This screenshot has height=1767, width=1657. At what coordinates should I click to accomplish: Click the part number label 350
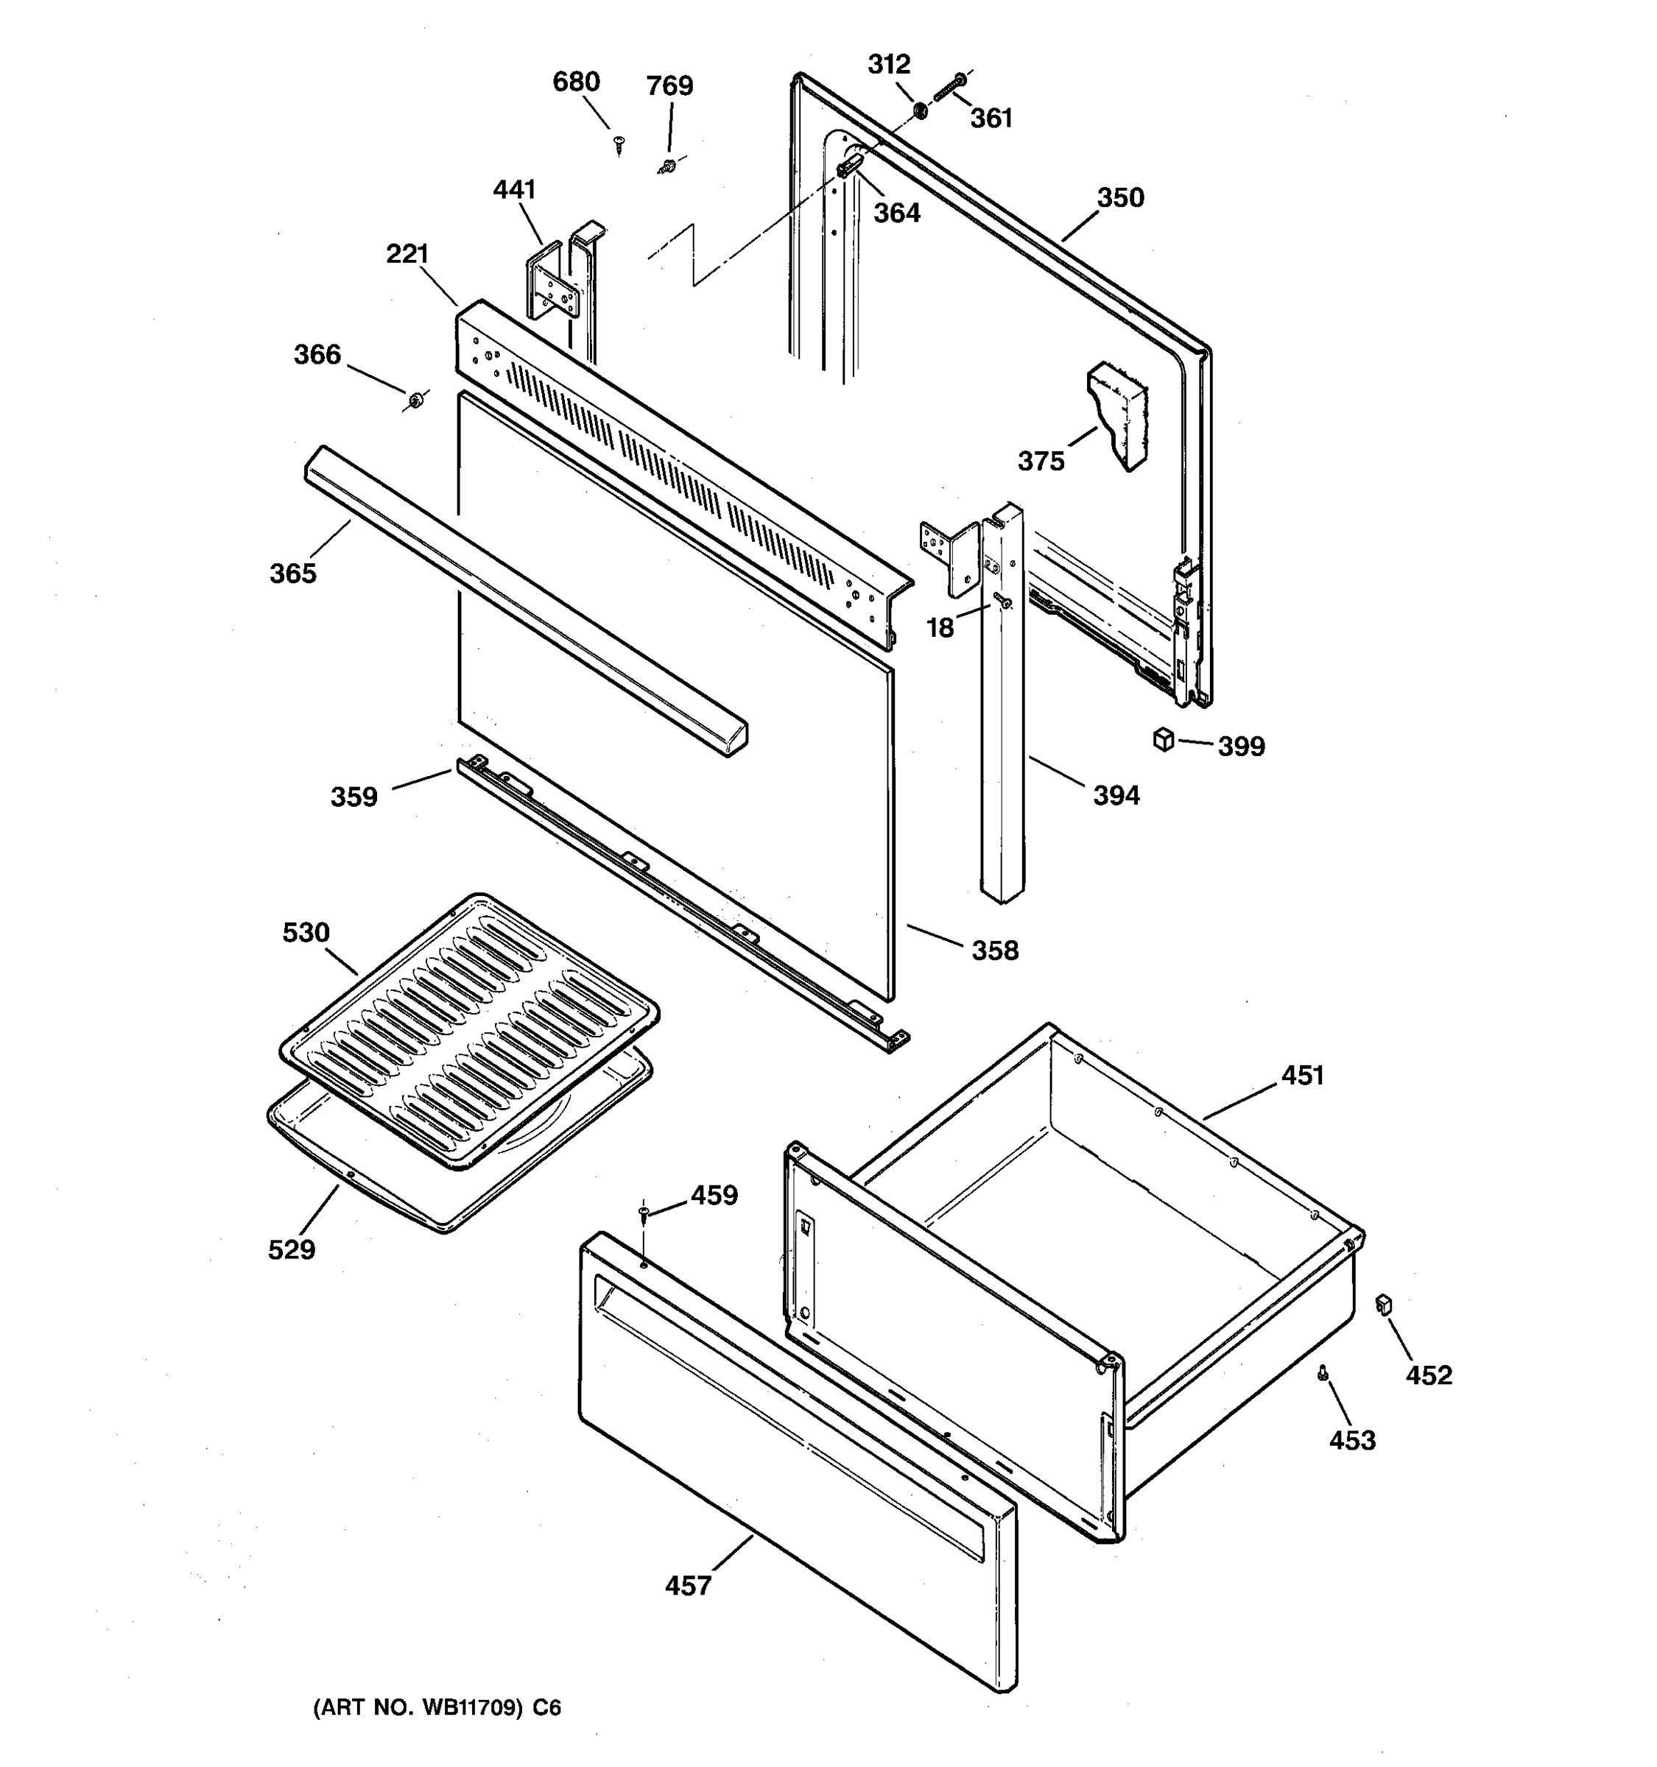point(1120,197)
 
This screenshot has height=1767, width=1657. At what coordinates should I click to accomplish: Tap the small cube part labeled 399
point(1163,739)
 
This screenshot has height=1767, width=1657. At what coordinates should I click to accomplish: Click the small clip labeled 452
point(1382,1305)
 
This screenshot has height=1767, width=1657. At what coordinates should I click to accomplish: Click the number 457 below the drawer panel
point(688,1586)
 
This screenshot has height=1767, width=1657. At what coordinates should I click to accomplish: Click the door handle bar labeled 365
point(524,600)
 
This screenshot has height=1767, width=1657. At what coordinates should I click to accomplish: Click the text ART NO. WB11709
point(418,1708)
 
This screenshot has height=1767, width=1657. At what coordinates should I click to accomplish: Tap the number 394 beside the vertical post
point(1116,794)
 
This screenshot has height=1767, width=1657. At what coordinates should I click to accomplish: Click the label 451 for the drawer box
point(1302,1076)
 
